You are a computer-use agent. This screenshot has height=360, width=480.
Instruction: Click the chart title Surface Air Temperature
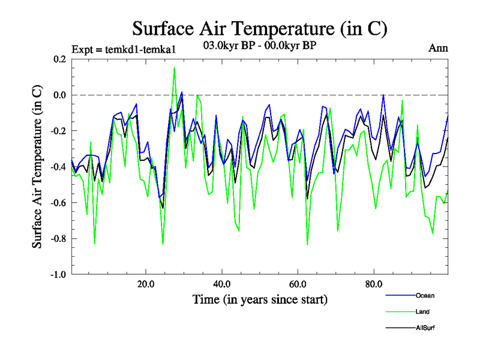[259, 28]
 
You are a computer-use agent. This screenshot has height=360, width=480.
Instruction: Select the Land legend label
[422, 312]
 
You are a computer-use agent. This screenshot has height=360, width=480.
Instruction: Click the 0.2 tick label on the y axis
[59, 59]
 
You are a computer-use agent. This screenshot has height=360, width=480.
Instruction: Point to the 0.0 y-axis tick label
[59, 95]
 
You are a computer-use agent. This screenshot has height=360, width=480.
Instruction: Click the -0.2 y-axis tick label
[58, 131]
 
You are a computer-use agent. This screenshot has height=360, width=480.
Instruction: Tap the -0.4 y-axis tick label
[58, 167]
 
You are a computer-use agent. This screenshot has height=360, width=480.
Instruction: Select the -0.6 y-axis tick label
[58, 203]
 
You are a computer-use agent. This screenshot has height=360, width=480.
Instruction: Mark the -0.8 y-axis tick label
[58, 239]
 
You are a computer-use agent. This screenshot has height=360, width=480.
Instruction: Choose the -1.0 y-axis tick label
[58, 275]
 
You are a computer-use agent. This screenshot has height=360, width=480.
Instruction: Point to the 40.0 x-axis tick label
[222, 284]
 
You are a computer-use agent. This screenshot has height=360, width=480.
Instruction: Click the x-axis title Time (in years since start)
[260, 299]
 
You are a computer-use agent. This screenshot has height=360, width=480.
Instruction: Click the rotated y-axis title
[37, 167]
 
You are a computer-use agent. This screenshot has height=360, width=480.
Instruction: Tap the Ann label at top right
[438, 49]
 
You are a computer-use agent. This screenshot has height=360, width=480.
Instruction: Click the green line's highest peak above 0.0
[174, 68]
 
